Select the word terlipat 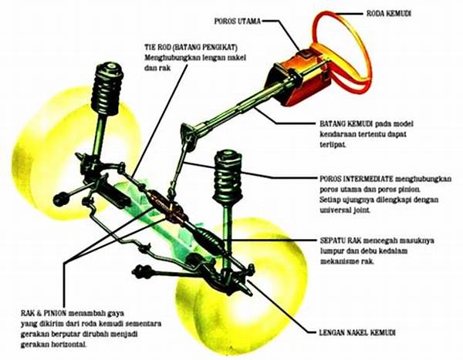click(335, 144)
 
